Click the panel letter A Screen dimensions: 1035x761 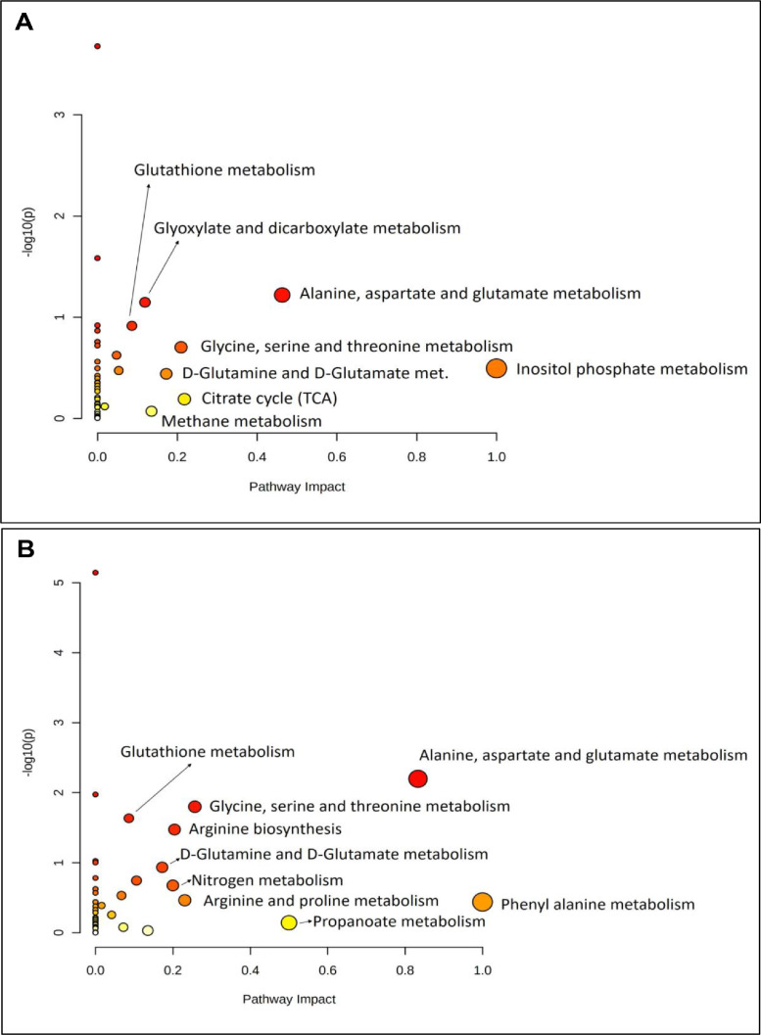point(24,23)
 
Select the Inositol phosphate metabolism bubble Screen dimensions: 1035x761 point(497,368)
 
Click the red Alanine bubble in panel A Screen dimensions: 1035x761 point(282,295)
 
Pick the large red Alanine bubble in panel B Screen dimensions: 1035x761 point(418,778)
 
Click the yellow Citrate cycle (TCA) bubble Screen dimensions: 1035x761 point(184,399)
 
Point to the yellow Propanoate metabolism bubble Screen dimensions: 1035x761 point(289,922)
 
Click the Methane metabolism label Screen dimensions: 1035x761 point(241,421)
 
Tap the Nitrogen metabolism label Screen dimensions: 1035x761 point(266,880)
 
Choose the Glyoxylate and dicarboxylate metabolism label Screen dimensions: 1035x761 point(307,228)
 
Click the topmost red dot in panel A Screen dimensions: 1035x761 point(97,46)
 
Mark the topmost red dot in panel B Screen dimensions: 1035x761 point(95,572)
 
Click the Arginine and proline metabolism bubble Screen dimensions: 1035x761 point(185,900)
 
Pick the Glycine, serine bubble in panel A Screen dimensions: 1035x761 point(180,347)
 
